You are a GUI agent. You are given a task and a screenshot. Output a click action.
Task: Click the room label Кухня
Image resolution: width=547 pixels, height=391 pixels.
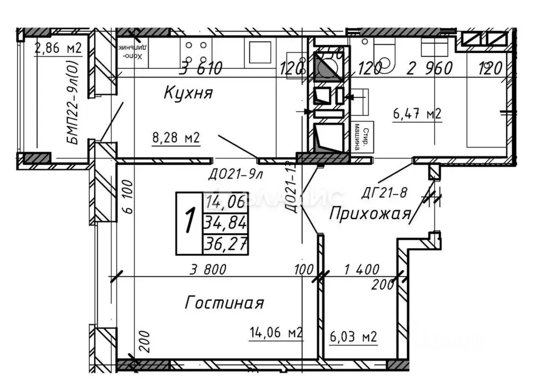[x=188, y=93]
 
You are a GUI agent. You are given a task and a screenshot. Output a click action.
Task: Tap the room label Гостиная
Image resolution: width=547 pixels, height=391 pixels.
[x=224, y=303]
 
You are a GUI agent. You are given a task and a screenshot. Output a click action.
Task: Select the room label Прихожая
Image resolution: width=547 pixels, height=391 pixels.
[x=370, y=214]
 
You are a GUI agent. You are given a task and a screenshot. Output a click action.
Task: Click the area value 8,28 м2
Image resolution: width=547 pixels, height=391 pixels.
[x=176, y=139]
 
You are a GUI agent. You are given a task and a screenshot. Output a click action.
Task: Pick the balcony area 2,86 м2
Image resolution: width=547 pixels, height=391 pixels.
[x=58, y=49]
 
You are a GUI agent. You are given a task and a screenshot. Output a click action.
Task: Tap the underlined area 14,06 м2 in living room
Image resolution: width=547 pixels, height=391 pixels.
[x=276, y=333]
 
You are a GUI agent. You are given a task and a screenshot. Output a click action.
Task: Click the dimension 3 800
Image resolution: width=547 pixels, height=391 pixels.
[x=208, y=269]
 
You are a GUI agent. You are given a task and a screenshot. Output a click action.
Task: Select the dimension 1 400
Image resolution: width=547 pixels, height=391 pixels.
[x=361, y=269]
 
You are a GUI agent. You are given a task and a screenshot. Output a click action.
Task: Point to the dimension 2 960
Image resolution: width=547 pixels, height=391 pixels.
[x=430, y=68]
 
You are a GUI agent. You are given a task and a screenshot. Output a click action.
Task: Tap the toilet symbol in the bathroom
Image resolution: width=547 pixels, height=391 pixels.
[x=383, y=54]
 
